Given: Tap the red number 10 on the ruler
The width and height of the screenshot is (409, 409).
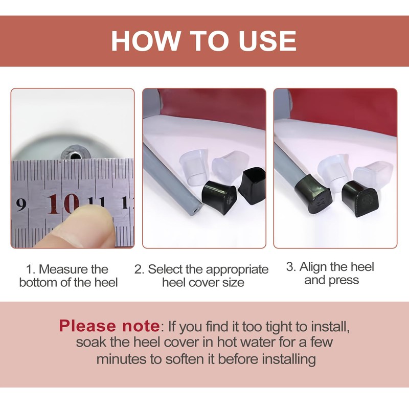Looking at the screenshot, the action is (x=63, y=204).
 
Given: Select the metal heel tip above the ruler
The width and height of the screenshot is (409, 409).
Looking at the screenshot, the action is (x=75, y=156).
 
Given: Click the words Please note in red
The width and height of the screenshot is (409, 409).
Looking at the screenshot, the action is (x=109, y=326).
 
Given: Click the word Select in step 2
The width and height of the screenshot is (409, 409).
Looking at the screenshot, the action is (x=166, y=269).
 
